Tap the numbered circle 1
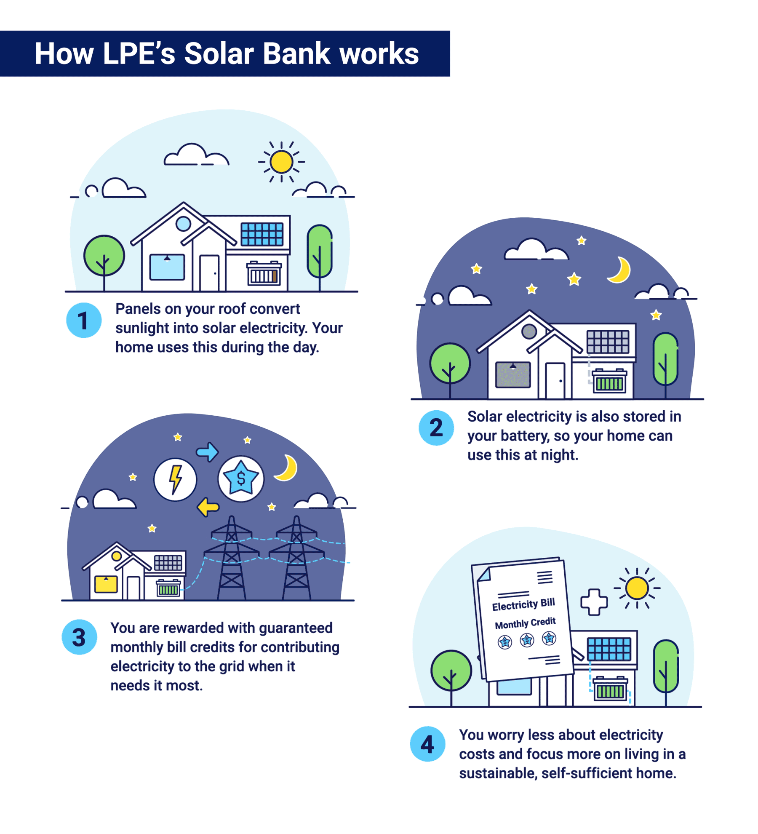[x=84, y=320]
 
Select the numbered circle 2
[x=436, y=428]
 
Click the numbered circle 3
[x=79, y=637]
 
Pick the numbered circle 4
[x=427, y=744]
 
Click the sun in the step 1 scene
[x=281, y=162]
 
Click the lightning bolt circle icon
[x=175, y=479]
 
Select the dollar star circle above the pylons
[x=241, y=478]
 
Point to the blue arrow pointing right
[x=207, y=452]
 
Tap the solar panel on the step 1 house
[x=262, y=234]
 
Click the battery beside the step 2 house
[x=609, y=381]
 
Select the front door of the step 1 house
[x=209, y=273]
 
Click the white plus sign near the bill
[x=594, y=602]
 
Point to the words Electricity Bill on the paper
[x=523, y=604]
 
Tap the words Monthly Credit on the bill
[x=525, y=623]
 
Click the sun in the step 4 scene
[x=637, y=588]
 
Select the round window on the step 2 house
[x=529, y=331]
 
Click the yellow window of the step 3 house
[x=106, y=584]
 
